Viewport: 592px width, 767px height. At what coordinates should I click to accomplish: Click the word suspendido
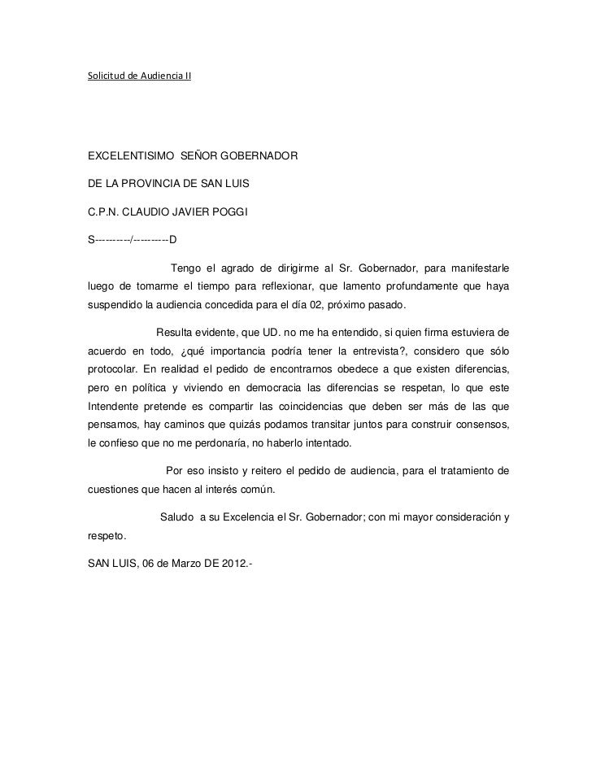click(x=115, y=305)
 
